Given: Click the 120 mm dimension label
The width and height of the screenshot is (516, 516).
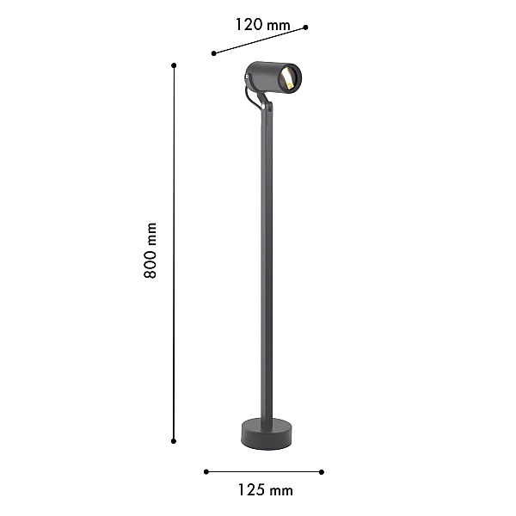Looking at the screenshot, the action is [262, 25].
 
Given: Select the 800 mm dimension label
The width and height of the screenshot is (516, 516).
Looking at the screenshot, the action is [150, 250].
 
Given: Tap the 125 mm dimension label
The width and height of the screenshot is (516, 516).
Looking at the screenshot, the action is [265, 490].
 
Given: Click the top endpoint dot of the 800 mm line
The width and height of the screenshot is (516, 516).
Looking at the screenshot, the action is [174, 65].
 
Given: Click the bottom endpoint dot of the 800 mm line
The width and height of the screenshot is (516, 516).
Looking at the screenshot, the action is [174, 441].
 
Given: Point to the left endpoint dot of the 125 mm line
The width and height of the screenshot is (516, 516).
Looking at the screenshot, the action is [206, 472].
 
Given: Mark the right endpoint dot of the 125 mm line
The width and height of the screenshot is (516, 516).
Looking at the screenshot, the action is [322, 472].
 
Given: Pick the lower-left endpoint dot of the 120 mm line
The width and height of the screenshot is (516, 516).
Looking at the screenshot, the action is [214, 53].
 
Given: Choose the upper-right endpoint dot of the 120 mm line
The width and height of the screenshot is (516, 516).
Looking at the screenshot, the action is [305, 28].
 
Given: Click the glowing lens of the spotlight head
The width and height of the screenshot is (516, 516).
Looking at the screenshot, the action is [287, 78].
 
